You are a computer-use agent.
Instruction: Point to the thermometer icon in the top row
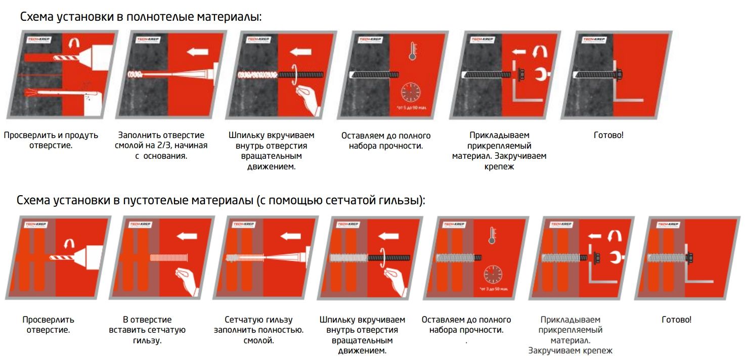412,51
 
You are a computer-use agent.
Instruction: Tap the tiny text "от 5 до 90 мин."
410,108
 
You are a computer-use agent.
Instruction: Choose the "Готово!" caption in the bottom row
676,320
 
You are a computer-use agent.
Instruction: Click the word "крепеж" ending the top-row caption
499,166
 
